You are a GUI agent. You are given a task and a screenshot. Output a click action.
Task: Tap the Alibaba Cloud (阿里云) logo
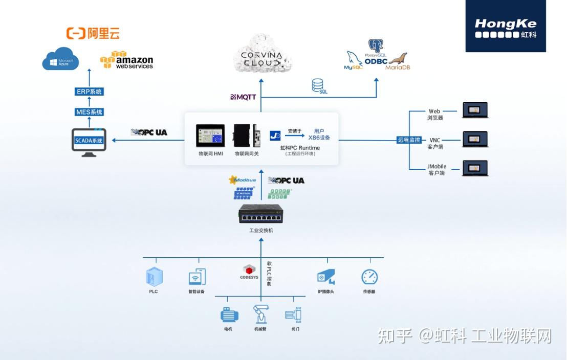[93, 34]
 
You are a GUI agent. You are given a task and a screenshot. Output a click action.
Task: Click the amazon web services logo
[127, 60]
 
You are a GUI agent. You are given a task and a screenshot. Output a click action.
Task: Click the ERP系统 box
[89, 92]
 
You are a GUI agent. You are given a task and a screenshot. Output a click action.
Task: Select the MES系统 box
[89, 112]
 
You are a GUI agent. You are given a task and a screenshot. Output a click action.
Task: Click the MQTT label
[243, 97]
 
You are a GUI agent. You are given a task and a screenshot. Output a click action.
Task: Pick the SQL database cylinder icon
[318, 85]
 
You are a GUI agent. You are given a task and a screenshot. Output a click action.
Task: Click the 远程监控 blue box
[409, 140]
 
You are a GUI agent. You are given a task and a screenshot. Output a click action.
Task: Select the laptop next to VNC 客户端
[475, 139]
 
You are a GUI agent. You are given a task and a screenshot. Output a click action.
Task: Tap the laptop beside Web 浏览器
[475, 110]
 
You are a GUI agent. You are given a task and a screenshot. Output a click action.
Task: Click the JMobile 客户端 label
[437, 169]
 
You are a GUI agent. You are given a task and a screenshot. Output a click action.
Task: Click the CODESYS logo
[249, 272]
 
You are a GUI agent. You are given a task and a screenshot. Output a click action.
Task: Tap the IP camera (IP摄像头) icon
[325, 277]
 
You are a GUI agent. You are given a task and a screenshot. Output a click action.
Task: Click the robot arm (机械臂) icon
[260, 313]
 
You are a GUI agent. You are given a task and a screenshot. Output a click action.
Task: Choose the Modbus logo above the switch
[243, 180]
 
